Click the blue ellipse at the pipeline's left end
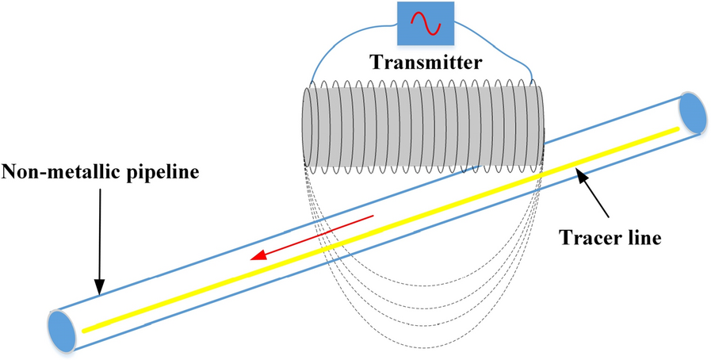61,328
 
